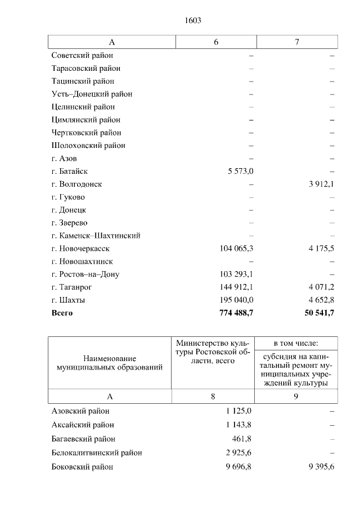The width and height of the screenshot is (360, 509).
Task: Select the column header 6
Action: point(216,42)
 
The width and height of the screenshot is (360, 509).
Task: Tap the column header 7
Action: point(296,42)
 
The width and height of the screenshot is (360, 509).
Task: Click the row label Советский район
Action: point(82,56)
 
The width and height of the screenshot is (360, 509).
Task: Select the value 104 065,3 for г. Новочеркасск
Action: point(236,249)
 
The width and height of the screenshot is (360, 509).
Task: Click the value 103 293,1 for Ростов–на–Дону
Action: point(236,274)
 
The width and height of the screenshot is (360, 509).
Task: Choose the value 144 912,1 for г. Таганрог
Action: point(236,287)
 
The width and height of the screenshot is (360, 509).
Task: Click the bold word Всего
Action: point(62,313)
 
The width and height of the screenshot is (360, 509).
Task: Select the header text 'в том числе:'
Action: point(296,343)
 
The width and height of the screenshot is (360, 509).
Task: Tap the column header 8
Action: point(213,397)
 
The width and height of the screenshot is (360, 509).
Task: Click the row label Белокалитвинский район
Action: point(96,453)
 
